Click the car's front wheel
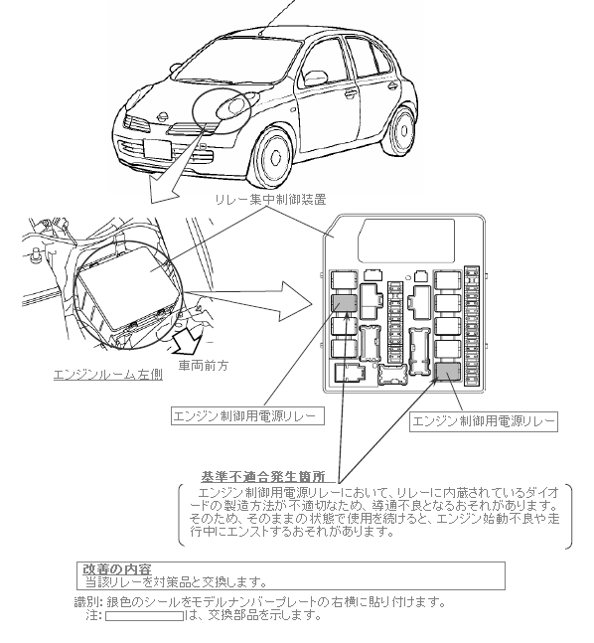click(273, 155)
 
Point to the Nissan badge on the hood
click(163, 116)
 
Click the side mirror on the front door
click(316, 77)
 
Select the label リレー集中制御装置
click(270, 200)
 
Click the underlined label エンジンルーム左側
click(108, 375)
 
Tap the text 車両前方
click(204, 365)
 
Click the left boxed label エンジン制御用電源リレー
click(247, 415)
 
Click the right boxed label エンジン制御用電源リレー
click(484, 421)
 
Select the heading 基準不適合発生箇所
click(263, 476)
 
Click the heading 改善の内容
click(117, 569)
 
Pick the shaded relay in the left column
click(345, 303)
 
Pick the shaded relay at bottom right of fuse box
click(447, 372)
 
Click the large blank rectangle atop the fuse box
click(406, 241)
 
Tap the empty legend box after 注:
click(144, 616)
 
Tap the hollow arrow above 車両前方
click(187, 339)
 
